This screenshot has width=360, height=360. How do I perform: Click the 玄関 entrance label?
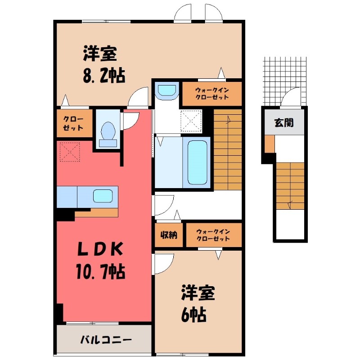[x=285, y=122]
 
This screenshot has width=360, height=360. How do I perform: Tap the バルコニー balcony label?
[x=106, y=339]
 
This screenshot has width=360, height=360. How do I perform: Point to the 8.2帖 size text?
[x=103, y=74]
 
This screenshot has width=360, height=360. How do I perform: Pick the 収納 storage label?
[x=169, y=234]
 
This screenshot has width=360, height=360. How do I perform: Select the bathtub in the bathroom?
[x=197, y=162]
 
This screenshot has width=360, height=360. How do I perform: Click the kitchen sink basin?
[x=102, y=196]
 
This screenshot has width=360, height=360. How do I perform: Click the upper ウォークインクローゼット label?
[x=211, y=93]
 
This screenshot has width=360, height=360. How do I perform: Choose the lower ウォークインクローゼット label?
[x=213, y=234]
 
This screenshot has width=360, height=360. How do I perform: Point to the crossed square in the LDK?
[x=69, y=152]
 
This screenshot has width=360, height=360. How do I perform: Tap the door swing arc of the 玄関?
[x=290, y=97]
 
